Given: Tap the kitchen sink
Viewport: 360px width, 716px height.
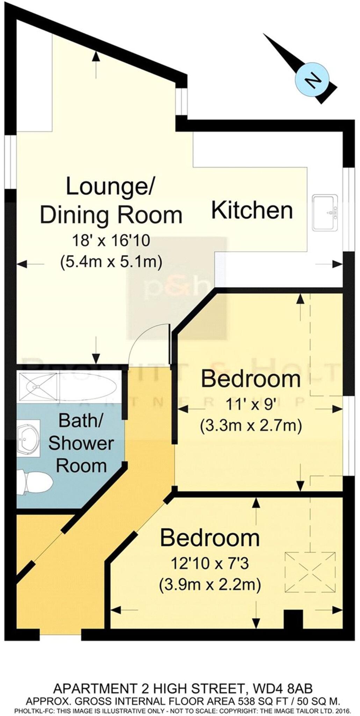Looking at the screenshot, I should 325,213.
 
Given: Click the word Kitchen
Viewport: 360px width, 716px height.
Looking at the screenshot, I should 252,210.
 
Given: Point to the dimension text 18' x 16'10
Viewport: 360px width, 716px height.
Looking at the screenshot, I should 111,241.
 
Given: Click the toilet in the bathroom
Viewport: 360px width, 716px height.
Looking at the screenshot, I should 35,482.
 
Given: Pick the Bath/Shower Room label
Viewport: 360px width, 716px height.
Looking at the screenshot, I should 81,443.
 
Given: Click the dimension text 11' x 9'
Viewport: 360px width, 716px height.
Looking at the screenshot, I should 251,406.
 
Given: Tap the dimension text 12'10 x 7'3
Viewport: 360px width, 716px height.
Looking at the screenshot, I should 210,563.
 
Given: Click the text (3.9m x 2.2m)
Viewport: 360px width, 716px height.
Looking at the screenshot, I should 210,584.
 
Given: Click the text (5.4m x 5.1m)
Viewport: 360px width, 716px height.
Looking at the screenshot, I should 111,261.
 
